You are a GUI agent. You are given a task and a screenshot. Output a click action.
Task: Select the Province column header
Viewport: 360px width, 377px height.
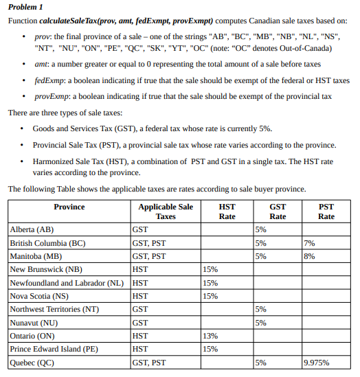point(69,206)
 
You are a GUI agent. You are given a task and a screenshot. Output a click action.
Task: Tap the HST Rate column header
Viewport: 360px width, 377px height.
point(227,211)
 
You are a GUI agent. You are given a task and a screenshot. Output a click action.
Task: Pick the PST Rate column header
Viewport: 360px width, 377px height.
point(326,211)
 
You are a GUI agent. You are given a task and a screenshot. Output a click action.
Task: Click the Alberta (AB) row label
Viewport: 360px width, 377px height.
point(32,229)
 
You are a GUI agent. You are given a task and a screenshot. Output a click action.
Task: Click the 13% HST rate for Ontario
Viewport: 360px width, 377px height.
point(211,336)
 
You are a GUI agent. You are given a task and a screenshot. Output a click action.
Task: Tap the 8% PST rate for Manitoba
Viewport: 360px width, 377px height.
point(309,255)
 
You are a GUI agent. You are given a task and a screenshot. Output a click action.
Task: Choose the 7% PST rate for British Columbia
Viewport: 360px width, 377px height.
point(309,242)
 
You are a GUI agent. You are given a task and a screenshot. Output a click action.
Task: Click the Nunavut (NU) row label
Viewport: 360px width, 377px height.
point(34,322)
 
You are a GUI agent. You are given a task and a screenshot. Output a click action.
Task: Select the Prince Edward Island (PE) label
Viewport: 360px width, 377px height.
point(54,349)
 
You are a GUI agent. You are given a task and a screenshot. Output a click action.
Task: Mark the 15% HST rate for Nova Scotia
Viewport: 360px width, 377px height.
point(211,295)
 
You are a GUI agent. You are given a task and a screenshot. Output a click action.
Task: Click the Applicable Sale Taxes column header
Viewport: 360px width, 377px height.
point(166,211)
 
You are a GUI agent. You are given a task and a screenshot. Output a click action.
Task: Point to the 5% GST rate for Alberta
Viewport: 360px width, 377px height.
point(260,229)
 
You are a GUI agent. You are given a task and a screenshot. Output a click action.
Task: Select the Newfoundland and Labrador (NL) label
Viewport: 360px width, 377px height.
point(67,282)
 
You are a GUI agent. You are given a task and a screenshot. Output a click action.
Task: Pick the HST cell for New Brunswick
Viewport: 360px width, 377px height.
point(140,269)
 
